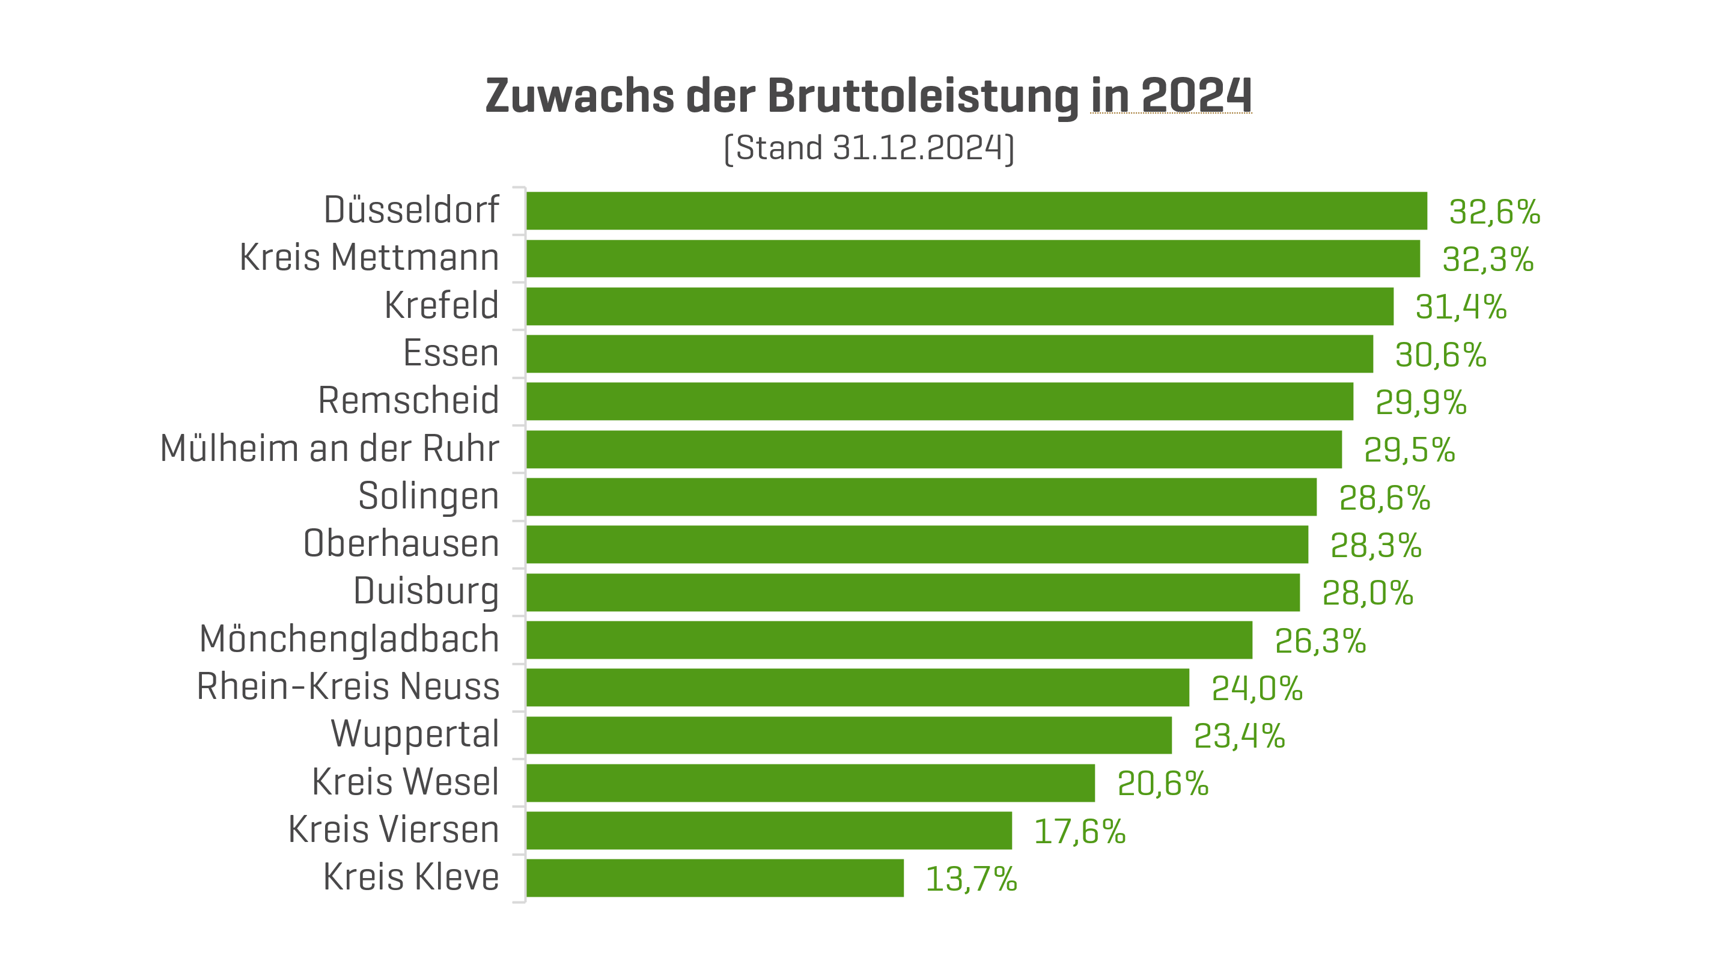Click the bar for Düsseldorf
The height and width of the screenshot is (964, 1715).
pyautogui.click(x=976, y=211)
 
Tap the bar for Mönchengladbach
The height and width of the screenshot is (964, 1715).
pyautogui.click(x=889, y=640)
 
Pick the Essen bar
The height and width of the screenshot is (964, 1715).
pyautogui.click(x=949, y=353)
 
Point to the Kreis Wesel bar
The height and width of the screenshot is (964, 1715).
pyautogui.click(x=810, y=783)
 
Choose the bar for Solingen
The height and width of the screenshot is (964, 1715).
pyautogui.click(x=921, y=496)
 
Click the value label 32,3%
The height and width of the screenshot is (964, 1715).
pyautogui.click(x=1487, y=260)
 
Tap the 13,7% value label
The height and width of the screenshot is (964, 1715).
pyautogui.click(x=970, y=879)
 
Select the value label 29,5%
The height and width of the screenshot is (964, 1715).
pyautogui.click(x=1409, y=450)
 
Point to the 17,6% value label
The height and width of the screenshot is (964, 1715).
pyautogui.click(x=1079, y=832)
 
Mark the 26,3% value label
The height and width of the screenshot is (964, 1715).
pyautogui.click(x=1320, y=641)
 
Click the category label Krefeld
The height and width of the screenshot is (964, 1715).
pyautogui.click(x=442, y=305)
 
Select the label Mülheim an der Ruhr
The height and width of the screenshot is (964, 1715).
pyautogui.click(x=329, y=449)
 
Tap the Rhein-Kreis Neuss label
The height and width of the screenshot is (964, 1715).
pyautogui.click(x=348, y=686)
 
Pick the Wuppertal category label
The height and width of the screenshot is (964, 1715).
pyautogui.click(x=415, y=734)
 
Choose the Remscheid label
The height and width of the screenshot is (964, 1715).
pyautogui.click(x=408, y=401)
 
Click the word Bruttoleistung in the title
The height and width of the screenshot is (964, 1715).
pyautogui.click(x=923, y=97)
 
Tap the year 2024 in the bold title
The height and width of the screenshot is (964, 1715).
pyautogui.click(x=1196, y=97)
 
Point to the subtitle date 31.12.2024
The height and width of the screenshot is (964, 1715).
pyautogui.click(x=918, y=148)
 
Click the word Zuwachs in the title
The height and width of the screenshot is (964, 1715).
pyautogui.click(x=580, y=97)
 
